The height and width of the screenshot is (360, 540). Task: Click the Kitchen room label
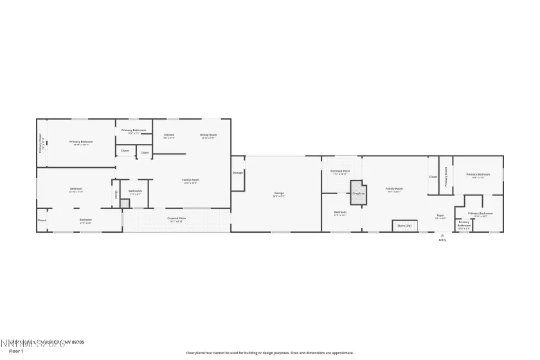[x=168, y=135]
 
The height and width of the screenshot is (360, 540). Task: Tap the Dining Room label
[x=209, y=135]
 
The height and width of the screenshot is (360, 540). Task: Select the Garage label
[x=279, y=193]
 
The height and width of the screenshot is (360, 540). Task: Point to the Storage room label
[x=238, y=173]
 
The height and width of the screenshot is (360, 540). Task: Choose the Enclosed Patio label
[x=339, y=172]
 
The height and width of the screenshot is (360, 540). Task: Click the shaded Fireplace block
[x=358, y=192]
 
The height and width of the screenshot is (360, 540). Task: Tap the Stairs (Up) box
[x=404, y=226]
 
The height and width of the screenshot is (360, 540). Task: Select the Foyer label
[x=440, y=216]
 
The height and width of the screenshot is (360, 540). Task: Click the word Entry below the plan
[x=442, y=240]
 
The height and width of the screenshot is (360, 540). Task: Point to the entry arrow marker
[x=442, y=235]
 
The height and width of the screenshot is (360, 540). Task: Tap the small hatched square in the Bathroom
[x=125, y=203]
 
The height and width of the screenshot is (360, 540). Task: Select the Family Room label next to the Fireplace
[x=393, y=189]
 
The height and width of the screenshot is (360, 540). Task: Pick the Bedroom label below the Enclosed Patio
[x=340, y=212]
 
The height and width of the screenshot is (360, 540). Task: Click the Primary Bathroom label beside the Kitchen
[x=134, y=130]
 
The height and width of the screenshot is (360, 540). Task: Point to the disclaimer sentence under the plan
[x=270, y=353]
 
